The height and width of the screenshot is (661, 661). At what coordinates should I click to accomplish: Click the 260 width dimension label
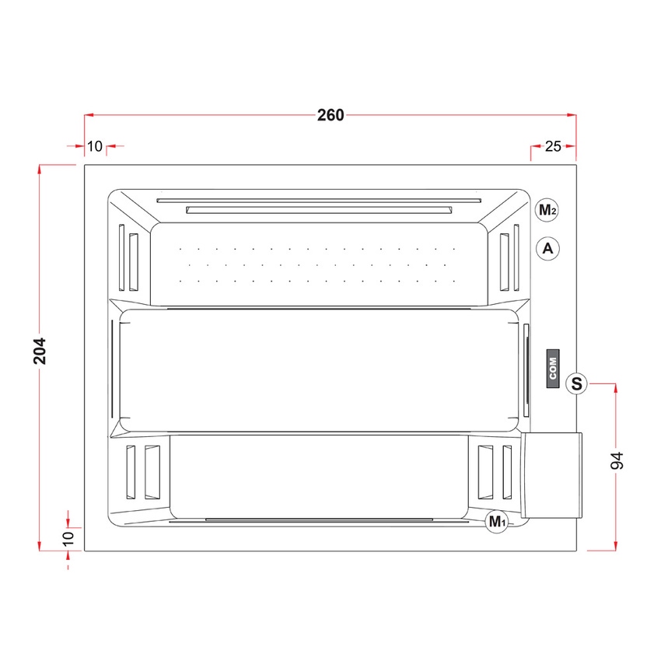click(330, 115)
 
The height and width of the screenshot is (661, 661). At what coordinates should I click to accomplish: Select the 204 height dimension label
click(40, 351)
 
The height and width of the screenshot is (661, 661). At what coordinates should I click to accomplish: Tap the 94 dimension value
click(617, 460)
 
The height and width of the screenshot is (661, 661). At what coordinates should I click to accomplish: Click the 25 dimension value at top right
click(554, 145)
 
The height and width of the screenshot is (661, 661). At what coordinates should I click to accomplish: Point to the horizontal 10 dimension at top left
click(94, 145)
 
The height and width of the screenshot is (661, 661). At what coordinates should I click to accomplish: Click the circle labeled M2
click(548, 210)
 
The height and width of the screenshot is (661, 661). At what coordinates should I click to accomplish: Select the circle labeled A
click(548, 249)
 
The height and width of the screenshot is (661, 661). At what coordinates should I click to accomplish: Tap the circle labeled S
click(576, 383)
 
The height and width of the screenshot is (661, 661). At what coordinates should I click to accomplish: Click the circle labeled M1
click(497, 522)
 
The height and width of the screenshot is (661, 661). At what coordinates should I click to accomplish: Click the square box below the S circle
click(551, 475)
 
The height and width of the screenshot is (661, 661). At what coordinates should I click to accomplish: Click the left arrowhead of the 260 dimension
click(89, 115)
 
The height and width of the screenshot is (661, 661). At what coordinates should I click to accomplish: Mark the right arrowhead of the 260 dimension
click(572, 115)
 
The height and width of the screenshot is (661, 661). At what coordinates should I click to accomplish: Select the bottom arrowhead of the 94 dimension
click(617, 546)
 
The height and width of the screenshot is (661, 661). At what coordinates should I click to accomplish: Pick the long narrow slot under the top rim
click(320, 208)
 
